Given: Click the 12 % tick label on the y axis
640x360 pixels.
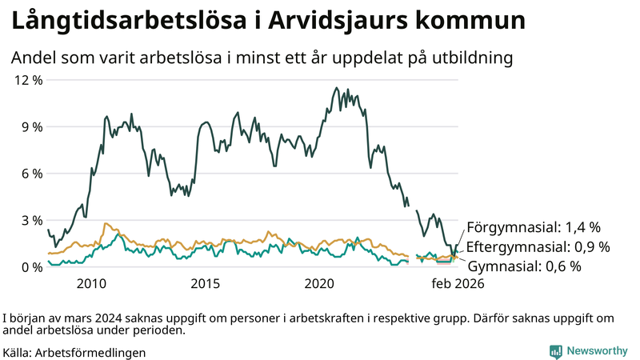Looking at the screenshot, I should click(26, 80).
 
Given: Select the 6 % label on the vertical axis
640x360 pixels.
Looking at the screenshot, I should click(30, 174).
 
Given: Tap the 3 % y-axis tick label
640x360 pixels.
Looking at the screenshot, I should click(30, 220).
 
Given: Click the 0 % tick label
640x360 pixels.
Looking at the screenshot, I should click(30, 266).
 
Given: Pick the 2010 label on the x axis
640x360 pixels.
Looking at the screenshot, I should click(91, 284).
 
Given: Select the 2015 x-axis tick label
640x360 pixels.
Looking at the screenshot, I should click(206, 284).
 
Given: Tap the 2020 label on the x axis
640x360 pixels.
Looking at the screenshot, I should click(320, 284).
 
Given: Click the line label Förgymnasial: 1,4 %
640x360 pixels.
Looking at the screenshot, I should click(533, 227).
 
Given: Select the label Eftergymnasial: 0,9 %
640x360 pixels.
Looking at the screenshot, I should click(538, 246).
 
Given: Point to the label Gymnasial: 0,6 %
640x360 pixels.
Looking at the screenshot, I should click(523, 266).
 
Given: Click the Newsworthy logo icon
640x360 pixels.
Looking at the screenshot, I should click(555, 351).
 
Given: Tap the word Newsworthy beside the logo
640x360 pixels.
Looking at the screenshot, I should click(598, 351).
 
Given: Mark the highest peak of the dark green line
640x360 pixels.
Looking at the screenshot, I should click(334, 88).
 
